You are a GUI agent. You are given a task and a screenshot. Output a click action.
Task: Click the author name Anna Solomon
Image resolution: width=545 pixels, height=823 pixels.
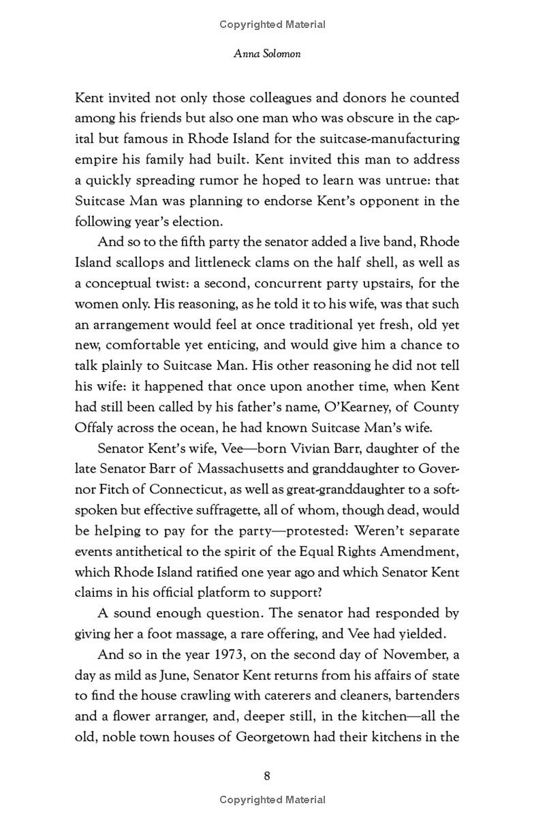pos(266,54)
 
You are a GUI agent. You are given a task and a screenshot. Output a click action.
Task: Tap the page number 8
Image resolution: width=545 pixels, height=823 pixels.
pos(267,775)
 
